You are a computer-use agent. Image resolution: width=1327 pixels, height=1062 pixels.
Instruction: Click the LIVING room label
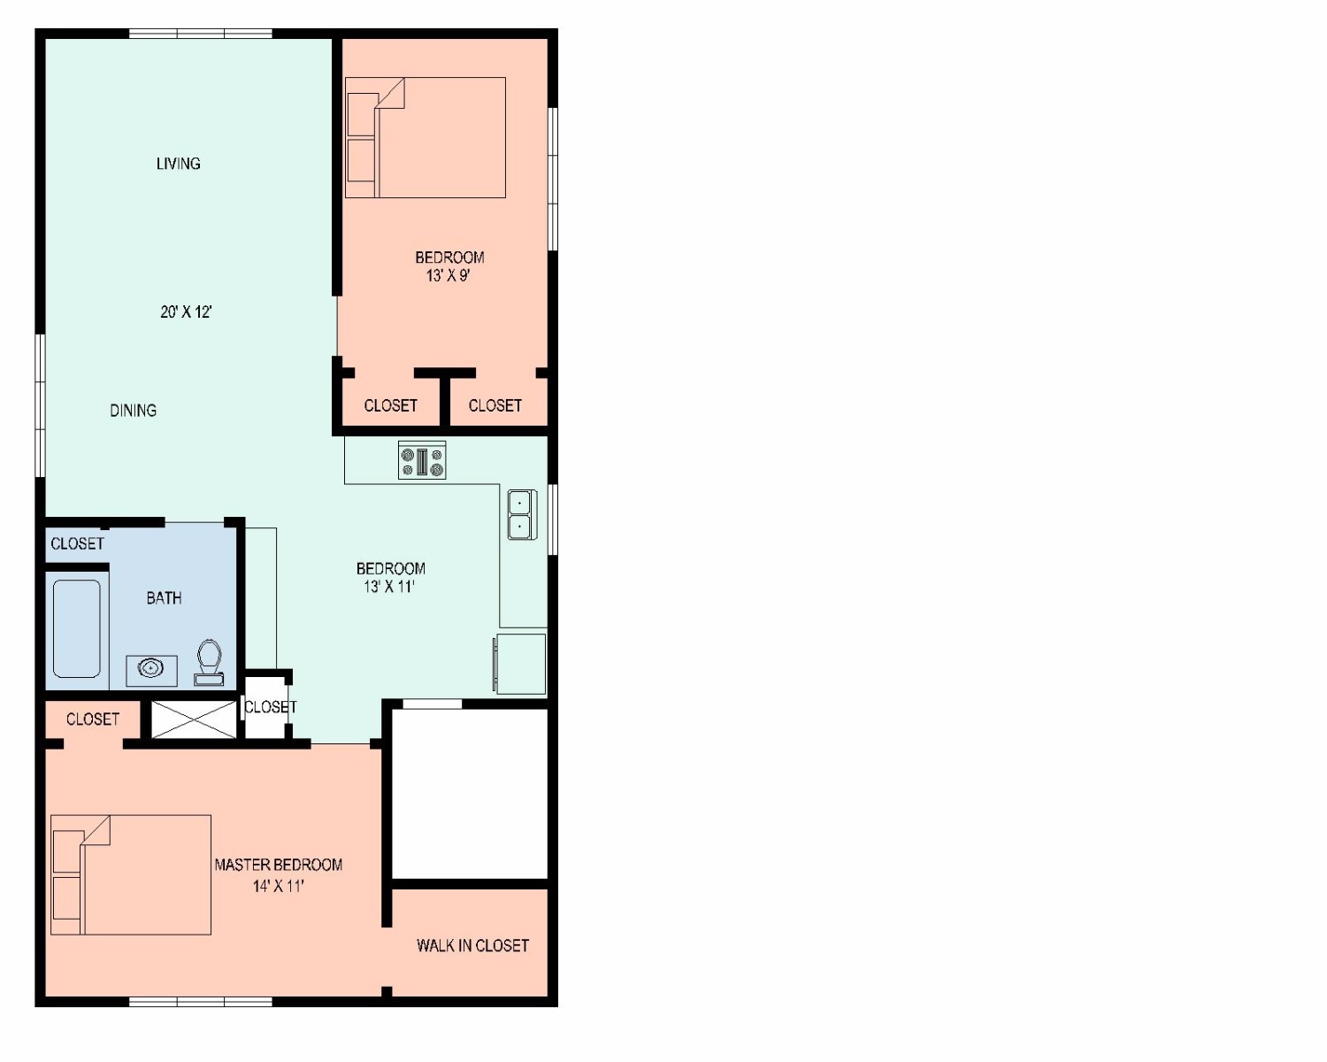[178, 164]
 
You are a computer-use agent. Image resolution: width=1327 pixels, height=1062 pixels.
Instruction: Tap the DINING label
[134, 411]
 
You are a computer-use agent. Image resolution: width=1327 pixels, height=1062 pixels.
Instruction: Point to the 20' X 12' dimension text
[186, 312]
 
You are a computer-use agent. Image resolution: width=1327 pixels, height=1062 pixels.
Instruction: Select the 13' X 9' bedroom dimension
[449, 276]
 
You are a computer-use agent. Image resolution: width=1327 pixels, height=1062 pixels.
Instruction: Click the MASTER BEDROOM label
[278, 865]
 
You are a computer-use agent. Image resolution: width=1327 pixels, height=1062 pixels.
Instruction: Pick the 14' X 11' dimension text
[278, 886]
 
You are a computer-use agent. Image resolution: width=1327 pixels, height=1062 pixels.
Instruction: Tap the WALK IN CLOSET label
[472, 945]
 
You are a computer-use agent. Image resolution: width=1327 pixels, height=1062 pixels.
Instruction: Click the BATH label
[164, 598]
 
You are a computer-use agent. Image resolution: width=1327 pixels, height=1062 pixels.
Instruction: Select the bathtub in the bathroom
[77, 628]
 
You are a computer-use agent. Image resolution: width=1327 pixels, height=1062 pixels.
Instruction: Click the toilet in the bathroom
[209, 662]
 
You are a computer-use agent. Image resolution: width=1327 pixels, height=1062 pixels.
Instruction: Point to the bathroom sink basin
[151, 667]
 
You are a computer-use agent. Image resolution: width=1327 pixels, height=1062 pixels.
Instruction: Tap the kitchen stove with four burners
[422, 460]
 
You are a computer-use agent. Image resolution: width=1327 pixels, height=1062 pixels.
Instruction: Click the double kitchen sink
[522, 515]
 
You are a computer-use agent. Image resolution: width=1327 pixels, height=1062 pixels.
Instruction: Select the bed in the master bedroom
[131, 875]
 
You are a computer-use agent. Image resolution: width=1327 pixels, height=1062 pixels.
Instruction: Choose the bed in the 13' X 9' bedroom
[426, 137]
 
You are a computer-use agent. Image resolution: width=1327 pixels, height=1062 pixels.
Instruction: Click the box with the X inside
[194, 720]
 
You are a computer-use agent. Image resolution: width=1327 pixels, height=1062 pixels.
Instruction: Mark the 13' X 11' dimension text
[389, 587]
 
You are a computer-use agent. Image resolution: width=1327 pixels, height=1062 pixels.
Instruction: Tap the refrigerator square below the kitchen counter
[520, 664]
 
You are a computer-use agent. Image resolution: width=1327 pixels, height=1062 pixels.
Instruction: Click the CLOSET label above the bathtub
[77, 543]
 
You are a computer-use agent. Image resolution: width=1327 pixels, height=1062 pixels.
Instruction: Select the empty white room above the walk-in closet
[471, 794]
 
